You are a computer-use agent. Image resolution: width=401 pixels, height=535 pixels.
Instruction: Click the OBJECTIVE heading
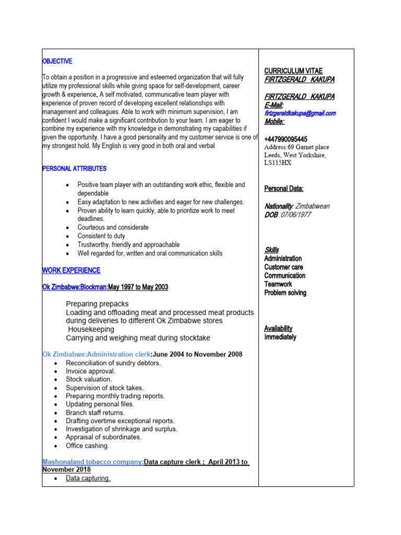(x=57, y=61)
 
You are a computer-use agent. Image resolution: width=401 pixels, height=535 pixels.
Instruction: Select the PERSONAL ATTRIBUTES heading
(x=74, y=169)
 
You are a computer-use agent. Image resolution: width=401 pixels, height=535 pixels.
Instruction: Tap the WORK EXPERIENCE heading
(x=71, y=270)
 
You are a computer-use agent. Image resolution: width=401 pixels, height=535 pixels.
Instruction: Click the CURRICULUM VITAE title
(x=293, y=71)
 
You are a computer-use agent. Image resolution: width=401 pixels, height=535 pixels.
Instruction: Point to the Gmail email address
(x=300, y=113)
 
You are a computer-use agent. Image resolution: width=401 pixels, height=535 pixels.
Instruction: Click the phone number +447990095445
(x=286, y=139)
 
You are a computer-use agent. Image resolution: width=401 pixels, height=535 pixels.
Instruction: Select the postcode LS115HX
(x=278, y=163)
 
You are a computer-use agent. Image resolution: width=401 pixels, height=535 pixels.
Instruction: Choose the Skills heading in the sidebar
(x=272, y=250)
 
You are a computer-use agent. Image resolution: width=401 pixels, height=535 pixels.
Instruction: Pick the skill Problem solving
(x=285, y=293)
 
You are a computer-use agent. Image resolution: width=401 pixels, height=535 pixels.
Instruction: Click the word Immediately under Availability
(x=280, y=337)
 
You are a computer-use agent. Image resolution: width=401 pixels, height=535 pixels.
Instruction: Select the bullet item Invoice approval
(x=90, y=371)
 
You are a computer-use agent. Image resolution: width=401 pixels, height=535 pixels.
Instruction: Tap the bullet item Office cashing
(x=87, y=446)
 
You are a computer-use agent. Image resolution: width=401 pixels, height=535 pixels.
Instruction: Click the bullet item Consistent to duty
(x=101, y=236)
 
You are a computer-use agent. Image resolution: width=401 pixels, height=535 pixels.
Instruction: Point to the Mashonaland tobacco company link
(x=93, y=462)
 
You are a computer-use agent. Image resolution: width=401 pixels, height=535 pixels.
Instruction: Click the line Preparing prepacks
(x=97, y=304)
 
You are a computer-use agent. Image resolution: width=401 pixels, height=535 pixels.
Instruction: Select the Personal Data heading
(x=284, y=189)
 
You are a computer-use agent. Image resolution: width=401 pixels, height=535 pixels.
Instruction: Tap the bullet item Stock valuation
(x=89, y=379)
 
